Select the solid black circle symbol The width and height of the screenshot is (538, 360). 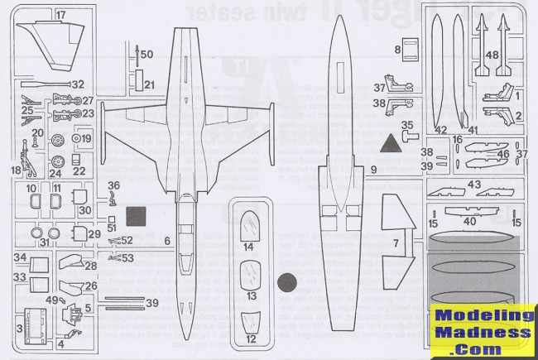287,283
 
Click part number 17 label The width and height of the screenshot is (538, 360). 61,16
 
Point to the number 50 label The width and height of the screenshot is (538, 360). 147,54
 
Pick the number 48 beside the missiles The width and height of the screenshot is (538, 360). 493,55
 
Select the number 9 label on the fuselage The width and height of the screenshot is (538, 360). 374,169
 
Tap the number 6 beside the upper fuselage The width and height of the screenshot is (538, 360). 168,240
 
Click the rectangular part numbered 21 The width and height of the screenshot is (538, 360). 149,84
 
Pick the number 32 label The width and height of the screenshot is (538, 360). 78,84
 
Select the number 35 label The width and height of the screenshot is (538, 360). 406,125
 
